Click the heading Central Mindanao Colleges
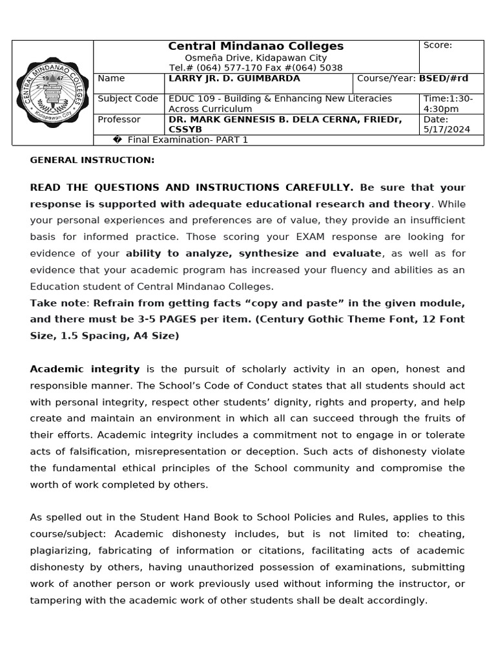256,46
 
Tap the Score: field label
437,45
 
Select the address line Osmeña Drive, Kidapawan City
256,58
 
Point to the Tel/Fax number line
256,68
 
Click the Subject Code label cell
128,98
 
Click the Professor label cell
119,120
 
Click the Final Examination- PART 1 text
187,140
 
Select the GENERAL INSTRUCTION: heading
92,160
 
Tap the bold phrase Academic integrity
85,369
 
